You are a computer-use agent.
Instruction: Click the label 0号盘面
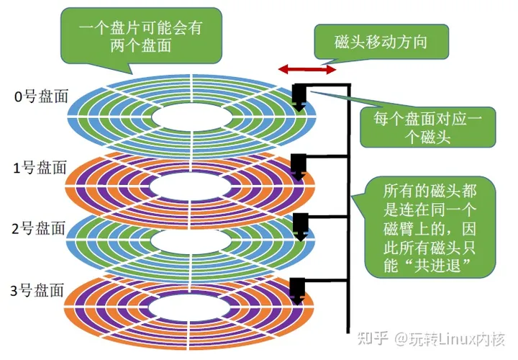(x=41, y=96)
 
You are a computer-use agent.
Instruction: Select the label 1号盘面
(x=41, y=168)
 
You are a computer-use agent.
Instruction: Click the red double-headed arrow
(x=307, y=69)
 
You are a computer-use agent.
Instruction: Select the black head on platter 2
(x=298, y=226)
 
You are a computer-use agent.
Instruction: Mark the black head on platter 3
(x=298, y=289)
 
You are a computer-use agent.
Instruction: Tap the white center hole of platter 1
(x=195, y=186)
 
